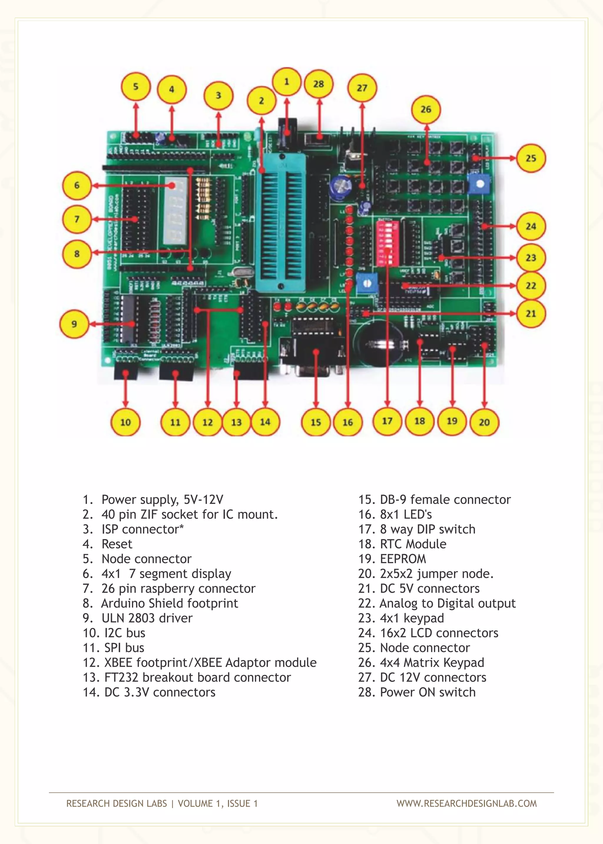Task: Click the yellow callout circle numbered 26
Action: (426, 110)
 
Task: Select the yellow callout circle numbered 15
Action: (316, 422)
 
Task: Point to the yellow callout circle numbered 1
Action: (286, 82)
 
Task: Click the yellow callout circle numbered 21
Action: (531, 314)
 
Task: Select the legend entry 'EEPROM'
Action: (403, 558)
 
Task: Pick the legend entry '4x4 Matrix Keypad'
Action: (432, 662)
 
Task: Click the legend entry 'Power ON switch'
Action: (428, 692)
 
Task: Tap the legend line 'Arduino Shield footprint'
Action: (169, 603)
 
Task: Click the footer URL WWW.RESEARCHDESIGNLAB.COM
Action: (466, 804)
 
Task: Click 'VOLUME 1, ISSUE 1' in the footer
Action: (218, 804)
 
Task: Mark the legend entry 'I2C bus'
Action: (125, 633)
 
